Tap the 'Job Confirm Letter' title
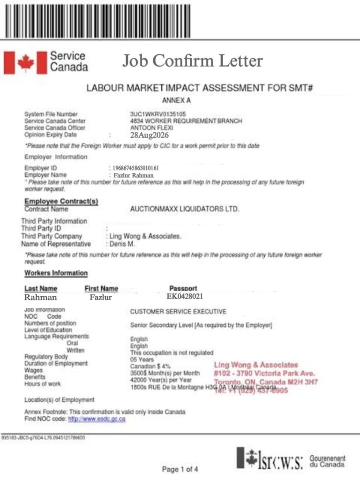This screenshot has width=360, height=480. click(193, 60)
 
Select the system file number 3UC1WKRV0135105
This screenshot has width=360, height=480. click(158, 114)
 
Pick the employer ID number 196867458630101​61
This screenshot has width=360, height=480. click(136, 167)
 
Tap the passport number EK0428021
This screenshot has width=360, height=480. click(185, 296)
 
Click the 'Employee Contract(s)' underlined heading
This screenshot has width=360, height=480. click(61, 202)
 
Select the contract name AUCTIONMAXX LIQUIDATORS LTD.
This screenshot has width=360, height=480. click(184, 209)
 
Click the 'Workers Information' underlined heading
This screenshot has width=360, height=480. click(56, 273)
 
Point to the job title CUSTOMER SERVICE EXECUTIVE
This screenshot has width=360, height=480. click(178, 311)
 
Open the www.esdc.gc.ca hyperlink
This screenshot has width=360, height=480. click(97, 419)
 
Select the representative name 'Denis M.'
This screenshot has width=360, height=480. click(123, 244)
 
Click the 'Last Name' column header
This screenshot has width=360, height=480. click(41, 288)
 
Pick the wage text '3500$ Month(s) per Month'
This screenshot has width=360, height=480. click(165, 373)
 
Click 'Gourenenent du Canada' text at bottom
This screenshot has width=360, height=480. click(328, 461)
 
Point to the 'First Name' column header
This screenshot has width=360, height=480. click(101, 288)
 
